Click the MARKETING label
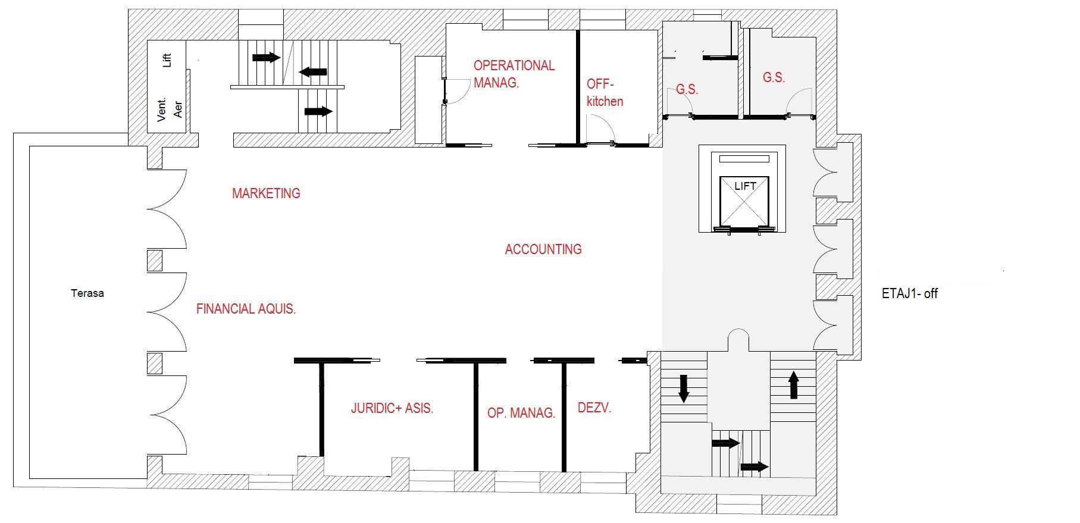pyautogui.click(x=266, y=193)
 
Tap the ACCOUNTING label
pyautogui.click(x=543, y=249)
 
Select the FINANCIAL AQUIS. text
pyautogui.click(x=246, y=309)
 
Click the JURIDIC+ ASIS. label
pyautogui.click(x=392, y=408)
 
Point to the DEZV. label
pyautogui.click(x=594, y=408)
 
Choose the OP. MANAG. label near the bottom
pyautogui.click(x=521, y=412)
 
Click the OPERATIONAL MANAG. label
pyautogui.click(x=514, y=74)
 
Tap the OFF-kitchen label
pyautogui.click(x=604, y=92)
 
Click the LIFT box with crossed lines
pyautogui.click(x=744, y=202)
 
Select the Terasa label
pyautogui.click(x=87, y=293)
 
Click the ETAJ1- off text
pyautogui.click(x=909, y=293)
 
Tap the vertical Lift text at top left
pyautogui.click(x=167, y=60)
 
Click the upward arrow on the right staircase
pyautogui.click(x=793, y=385)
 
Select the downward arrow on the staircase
pyautogui.click(x=684, y=388)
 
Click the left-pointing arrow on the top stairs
pyautogui.click(x=313, y=72)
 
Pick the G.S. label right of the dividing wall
pyautogui.click(x=774, y=77)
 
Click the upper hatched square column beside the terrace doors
pyautogui.click(x=155, y=261)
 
